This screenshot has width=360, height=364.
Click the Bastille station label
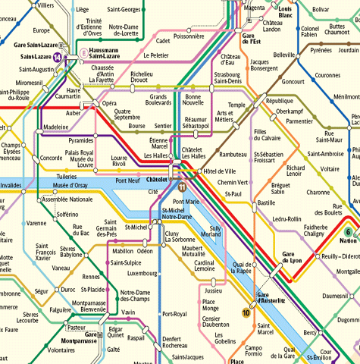point(266,203)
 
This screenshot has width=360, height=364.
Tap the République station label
point(279,100)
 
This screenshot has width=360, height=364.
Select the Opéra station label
point(109,103)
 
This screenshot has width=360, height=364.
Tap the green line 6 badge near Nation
point(348,232)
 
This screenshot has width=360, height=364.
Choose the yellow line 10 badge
point(246,312)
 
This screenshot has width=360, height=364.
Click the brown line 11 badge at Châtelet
point(182,187)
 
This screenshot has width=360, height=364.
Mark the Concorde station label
point(52,158)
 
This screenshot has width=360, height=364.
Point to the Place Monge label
point(210,306)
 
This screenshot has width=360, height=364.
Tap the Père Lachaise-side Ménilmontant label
point(346,96)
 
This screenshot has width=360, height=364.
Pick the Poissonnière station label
point(189,36)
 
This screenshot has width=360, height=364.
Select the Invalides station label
point(11,184)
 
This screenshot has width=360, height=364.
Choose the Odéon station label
point(145,251)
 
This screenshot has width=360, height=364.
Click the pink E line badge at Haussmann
point(85,54)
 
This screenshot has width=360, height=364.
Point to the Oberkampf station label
point(290,111)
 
